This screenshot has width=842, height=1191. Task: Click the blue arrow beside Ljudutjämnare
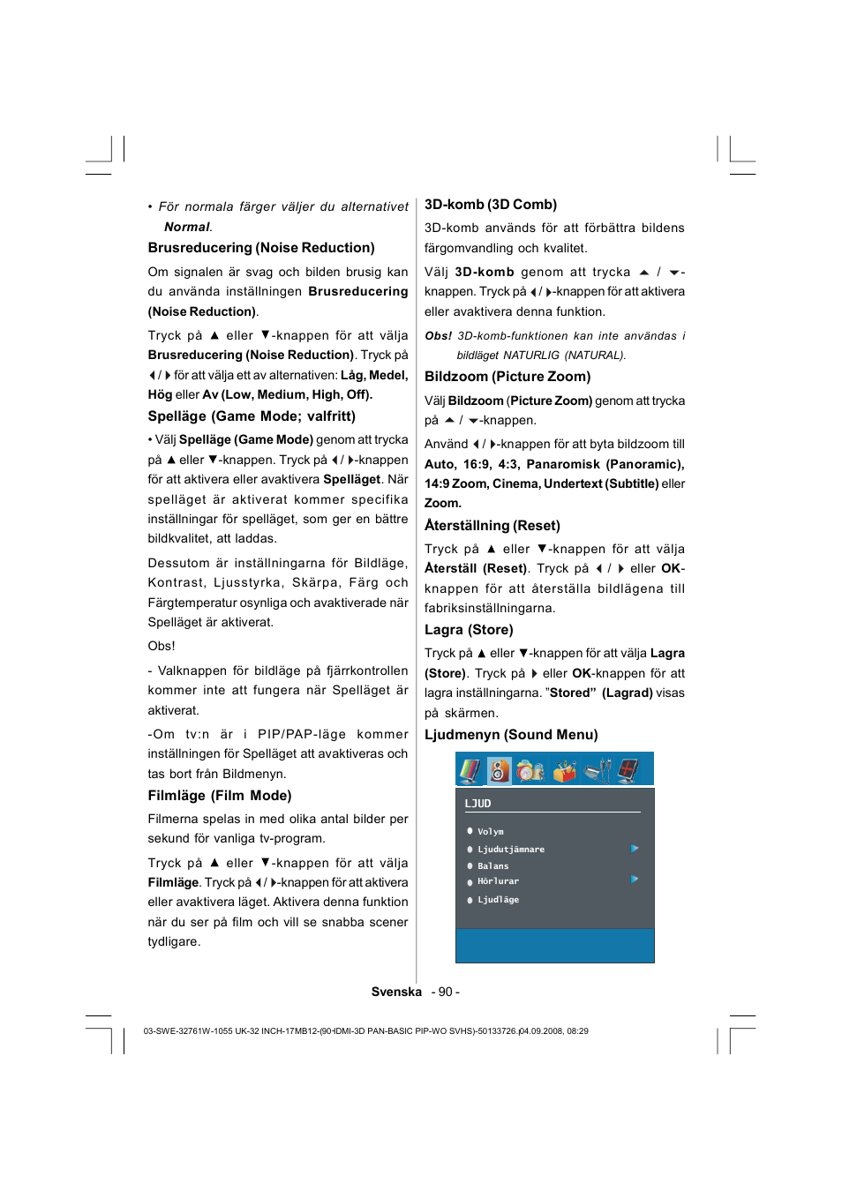pyautogui.click(x=635, y=849)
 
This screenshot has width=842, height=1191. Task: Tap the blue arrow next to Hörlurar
pyautogui.click(x=635, y=880)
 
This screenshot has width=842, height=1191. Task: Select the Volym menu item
pyautogui.click(x=490, y=831)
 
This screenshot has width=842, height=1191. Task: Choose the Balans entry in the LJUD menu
pyautogui.click(x=492, y=865)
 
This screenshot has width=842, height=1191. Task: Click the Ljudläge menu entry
pyautogui.click(x=498, y=900)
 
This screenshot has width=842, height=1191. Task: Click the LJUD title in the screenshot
pyautogui.click(x=477, y=804)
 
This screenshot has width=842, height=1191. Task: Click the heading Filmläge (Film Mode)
pyautogui.click(x=220, y=795)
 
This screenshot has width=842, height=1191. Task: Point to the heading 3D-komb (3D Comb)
pyautogui.click(x=490, y=204)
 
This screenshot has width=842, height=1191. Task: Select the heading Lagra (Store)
pyautogui.click(x=469, y=630)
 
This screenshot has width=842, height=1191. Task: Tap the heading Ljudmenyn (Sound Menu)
pyautogui.click(x=511, y=734)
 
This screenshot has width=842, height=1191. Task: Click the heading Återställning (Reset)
pyautogui.click(x=492, y=525)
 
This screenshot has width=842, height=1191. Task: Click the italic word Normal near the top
pyautogui.click(x=187, y=227)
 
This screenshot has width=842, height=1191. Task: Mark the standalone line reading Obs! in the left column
pyautogui.click(x=162, y=646)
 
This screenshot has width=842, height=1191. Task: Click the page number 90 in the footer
pyautogui.click(x=445, y=992)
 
